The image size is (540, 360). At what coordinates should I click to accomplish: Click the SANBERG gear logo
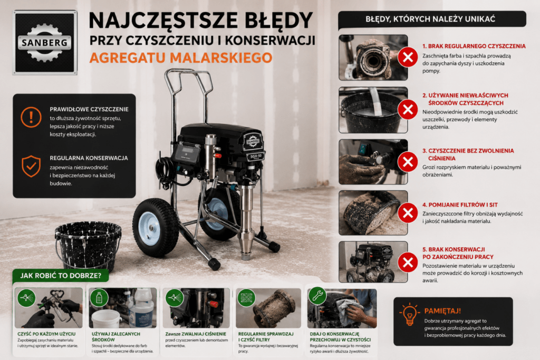[45, 42]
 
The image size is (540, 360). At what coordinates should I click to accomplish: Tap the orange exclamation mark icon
[31, 117]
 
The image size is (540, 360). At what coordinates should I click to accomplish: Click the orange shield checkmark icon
[31, 166]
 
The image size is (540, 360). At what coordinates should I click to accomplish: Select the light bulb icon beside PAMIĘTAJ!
[409, 314]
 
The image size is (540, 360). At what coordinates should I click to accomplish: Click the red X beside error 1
[408, 57]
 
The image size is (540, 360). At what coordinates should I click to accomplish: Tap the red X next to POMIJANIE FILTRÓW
[408, 213]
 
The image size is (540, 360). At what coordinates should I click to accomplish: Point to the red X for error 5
[408, 262]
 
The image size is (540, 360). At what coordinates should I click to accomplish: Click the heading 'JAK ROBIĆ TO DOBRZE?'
[61, 276]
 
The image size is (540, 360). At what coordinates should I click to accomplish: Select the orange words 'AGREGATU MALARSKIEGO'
[181, 57]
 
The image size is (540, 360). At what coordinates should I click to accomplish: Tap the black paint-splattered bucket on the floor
[88, 245]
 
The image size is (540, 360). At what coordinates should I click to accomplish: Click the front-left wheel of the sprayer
[156, 227]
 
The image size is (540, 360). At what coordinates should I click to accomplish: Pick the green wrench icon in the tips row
[317, 296]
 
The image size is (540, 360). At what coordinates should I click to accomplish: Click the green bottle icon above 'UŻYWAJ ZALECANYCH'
[99, 297]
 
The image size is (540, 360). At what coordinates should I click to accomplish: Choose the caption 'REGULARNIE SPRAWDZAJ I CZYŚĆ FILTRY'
[266, 337]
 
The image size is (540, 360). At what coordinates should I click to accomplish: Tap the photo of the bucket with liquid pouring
[373, 110]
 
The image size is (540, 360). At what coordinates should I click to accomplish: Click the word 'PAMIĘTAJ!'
[442, 311]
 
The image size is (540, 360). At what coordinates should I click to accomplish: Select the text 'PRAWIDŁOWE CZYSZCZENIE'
[89, 110]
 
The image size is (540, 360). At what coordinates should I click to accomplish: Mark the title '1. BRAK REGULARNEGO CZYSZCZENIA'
[474, 46]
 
